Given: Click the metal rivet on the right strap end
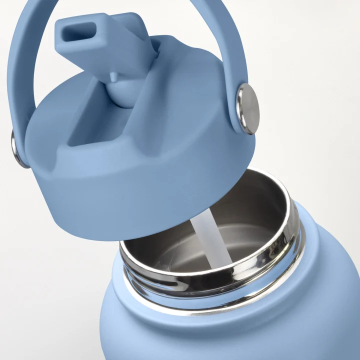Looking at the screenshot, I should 247,109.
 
